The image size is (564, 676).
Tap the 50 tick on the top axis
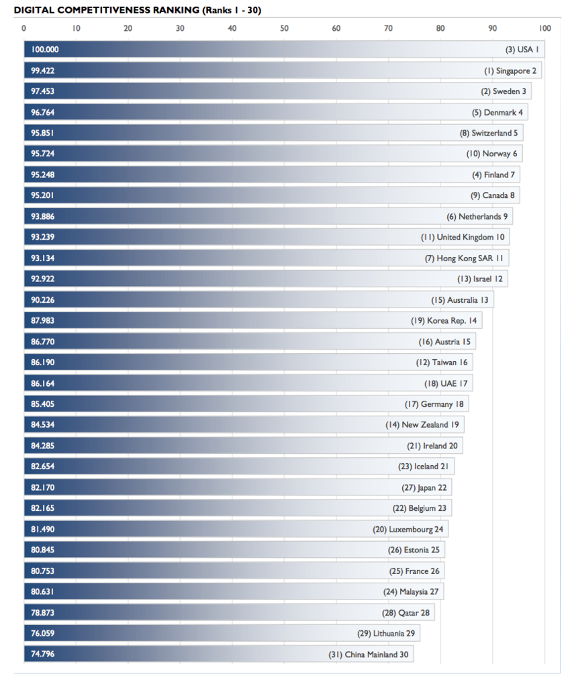(x=284, y=28)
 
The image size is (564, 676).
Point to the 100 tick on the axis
(x=544, y=28)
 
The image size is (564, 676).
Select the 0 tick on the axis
(x=24, y=28)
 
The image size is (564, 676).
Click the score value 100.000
(x=45, y=50)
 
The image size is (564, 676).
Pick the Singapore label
(x=510, y=70)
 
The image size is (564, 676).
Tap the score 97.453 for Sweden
(x=43, y=91)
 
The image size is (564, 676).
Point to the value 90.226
(x=43, y=299)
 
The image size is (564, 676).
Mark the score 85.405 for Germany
(x=43, y=404)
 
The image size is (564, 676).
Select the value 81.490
(x=43, y=529)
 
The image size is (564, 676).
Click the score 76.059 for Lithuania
(x=43, y=633)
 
